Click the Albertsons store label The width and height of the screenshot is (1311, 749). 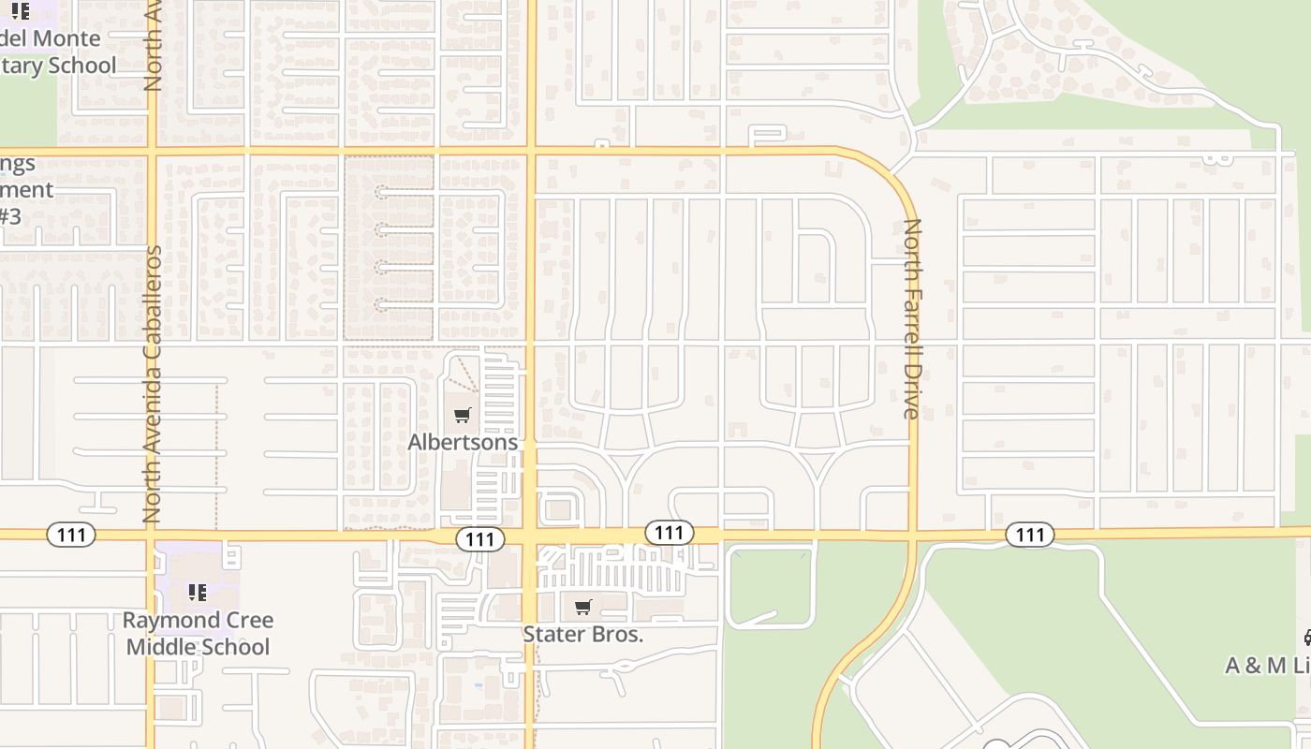tap(463, 441)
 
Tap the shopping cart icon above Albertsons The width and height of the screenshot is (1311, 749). tap(462, 416)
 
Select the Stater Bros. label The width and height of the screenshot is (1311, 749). tap(582, 634)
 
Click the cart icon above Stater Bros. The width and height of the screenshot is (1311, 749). tap(582, 608)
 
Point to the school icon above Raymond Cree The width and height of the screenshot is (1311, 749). tap(198, 592)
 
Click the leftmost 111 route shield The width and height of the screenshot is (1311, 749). tap(71, 536)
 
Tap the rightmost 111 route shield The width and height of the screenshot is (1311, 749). tap(1030, 535)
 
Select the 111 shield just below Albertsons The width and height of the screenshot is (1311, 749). tap(479, 538)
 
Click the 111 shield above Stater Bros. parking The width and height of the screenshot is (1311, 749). tap(669, 533)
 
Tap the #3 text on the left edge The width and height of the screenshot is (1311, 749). tap(9, 216)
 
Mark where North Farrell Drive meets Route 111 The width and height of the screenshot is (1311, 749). tap(913, 535)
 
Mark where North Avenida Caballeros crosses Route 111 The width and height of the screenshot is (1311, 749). tap(150, 535)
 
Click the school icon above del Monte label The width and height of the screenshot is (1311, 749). tap(20, 12)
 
